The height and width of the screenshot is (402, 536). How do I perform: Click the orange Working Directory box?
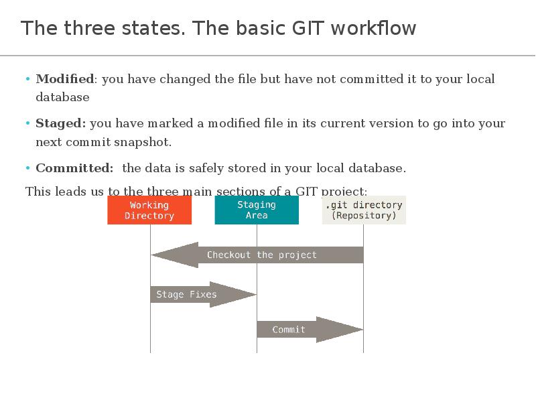[149, 210]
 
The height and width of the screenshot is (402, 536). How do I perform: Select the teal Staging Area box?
[257, 210]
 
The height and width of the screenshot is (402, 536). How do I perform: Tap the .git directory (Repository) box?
[364, 210]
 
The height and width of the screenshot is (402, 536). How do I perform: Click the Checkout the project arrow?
[261, 255]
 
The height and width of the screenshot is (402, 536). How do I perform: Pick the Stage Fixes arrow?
[194, 294]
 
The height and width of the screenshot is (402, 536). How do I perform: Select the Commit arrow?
[301, 330]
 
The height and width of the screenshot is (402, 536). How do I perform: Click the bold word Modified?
[64, 79]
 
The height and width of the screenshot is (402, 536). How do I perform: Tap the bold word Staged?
[60, 123]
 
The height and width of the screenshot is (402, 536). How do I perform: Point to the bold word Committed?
[74, 168]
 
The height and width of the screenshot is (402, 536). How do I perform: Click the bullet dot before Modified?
[28, 79]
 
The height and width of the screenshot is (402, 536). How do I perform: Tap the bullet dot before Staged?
[28, 123]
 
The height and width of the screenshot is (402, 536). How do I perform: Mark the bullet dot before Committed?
[28, 168]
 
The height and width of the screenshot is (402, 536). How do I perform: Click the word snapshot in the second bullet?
[147, 142]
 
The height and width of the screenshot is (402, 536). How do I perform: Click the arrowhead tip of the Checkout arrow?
[153, 255]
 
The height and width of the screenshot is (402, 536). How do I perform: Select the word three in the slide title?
[86, 29]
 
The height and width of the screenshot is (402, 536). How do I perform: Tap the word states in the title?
[155, 29]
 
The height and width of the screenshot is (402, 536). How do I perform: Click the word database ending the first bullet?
[62, 97]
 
